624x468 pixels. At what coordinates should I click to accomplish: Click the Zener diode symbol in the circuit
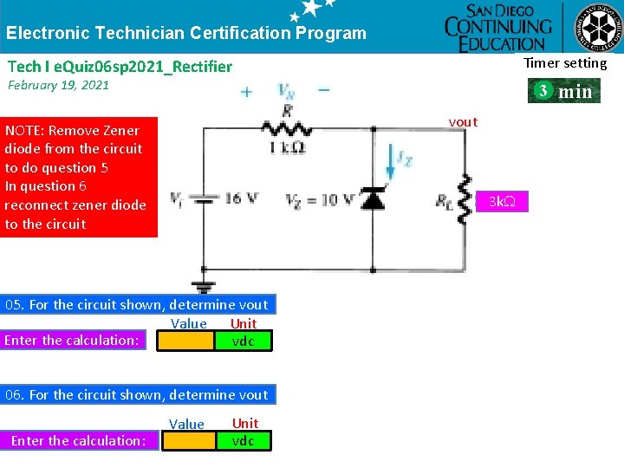coord(373,199)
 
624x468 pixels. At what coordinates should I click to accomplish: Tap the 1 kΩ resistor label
coord(287,148)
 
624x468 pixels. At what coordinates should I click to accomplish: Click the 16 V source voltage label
coord(241,198)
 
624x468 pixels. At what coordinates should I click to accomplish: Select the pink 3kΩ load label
coord(502,202)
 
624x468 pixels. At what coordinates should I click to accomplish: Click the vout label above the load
coord(463,122)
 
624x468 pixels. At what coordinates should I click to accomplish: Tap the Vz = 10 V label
coord(320,200)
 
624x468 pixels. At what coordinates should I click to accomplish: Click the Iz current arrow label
coord(403,158)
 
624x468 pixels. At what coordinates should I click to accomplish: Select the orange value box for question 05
coord(185,341)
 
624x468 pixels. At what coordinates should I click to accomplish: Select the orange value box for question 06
coord(190,441)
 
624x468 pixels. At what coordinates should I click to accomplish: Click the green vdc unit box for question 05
coord(244,341)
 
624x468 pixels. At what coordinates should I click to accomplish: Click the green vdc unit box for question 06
coord(244,441)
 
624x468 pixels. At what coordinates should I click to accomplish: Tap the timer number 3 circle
coord(542,91)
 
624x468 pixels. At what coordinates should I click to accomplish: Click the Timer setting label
coord(565,62)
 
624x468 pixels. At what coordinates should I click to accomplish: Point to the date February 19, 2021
coord(58,85)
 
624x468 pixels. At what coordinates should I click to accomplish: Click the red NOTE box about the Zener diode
coord(79,177)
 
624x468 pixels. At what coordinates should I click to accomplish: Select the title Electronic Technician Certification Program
coord(186,34)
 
